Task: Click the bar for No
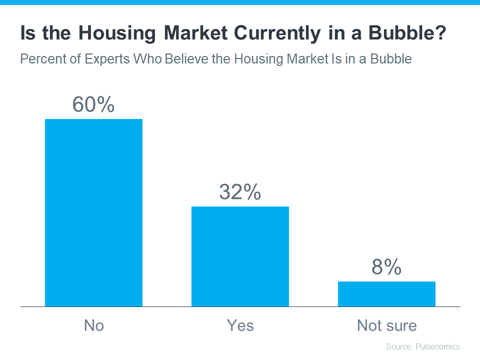coord(93,212)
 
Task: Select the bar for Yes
coord(240,256)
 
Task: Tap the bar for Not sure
coord(386,294)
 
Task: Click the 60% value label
coord(93,104)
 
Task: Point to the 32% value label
coord(240,192)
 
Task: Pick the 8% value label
coord(386,267)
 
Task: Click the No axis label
coord(93,325)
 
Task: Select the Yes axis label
coord(240,325)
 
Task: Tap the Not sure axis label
coord(386,325)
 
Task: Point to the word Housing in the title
coord(109,34)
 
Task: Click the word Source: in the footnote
coord(398,346)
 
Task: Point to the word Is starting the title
coord(27,34)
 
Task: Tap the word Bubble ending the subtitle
coord(392,59)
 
